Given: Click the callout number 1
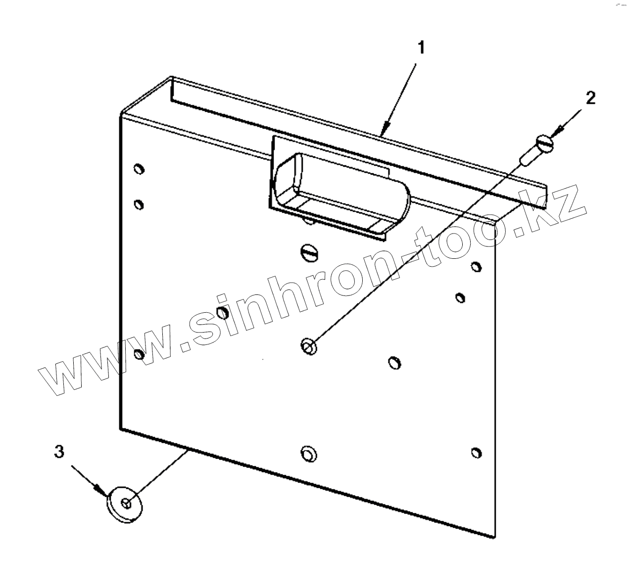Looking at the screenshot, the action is point(421,48).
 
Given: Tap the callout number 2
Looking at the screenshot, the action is point(590,98).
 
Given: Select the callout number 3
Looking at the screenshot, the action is point(59,451).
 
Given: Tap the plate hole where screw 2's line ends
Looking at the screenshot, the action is point(309,346).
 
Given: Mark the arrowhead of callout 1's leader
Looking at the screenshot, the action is point(384,132).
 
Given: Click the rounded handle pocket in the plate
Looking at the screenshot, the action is point(341,193).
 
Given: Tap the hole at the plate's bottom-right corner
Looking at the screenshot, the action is point(476,452).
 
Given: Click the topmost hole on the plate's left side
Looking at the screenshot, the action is point(139,169).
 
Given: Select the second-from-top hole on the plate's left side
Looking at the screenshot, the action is point(139,204).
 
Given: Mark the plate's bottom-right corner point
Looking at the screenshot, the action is point(494,537).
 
